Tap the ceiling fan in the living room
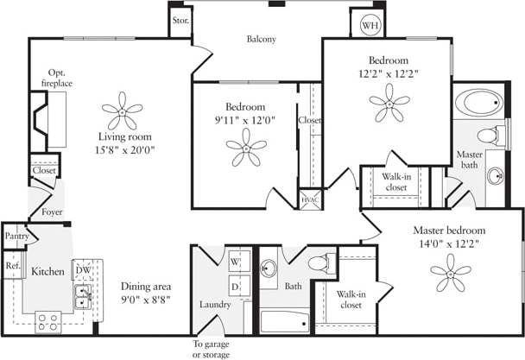click(122, 110)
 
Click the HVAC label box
click(309, 199)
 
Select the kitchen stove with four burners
click(47, 323)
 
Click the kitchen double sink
click(84, 299)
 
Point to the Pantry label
click(16, 235)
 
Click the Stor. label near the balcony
click(180, 19)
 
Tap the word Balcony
click(261, 39)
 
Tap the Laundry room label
click(215, 304)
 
